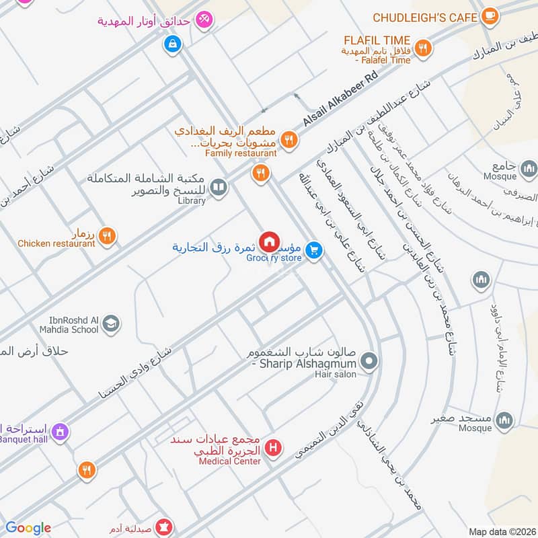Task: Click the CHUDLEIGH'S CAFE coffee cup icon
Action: (x=489, y=16)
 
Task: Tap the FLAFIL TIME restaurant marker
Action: (x=423, y=47)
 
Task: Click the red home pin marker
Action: (x=270, y=240)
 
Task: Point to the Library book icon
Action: (x=218, y=188)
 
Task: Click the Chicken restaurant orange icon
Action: (x=107, y=235)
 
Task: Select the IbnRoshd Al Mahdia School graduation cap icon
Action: (x=111, y=324)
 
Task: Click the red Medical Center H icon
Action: (x=273, y=447)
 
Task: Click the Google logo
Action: (x=28, y=528)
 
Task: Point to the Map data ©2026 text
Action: (x=500, y=531)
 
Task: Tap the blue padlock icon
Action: (x=173, y=45)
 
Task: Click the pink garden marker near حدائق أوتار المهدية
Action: (x=204, y=21)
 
